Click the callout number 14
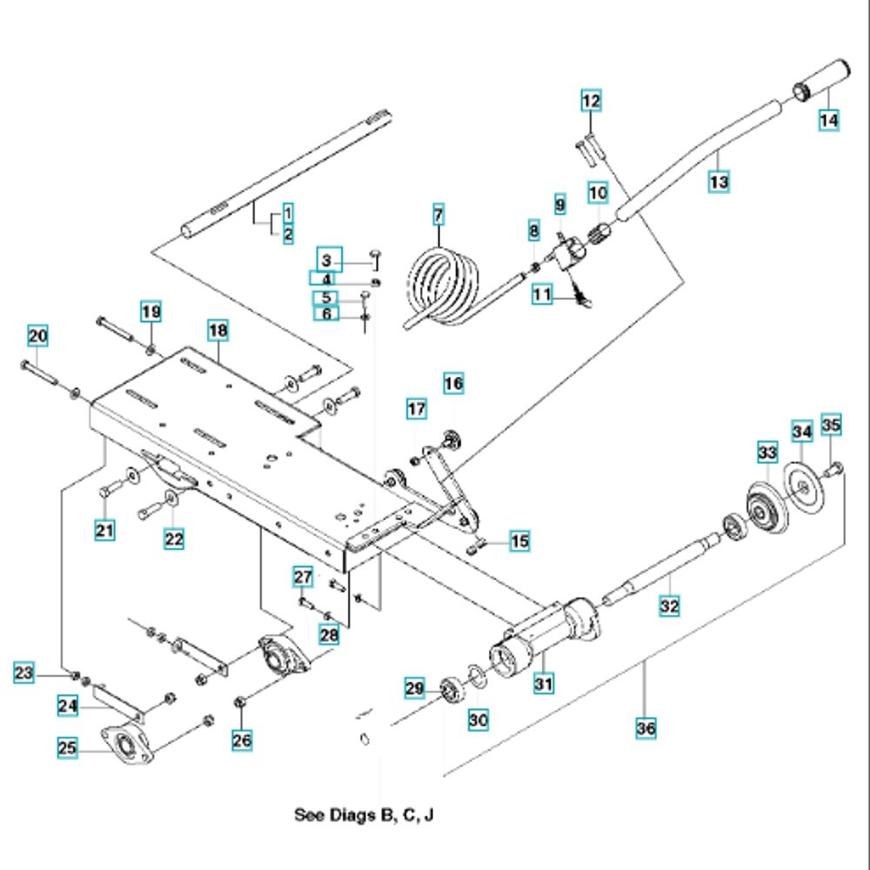(829, 120)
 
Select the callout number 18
(217, 331)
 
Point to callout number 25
(69, 747)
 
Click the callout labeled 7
(438, 213)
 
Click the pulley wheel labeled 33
(766, 506)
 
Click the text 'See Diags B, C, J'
(364, 815)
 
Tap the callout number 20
(37, 337)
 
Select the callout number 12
(591, 103)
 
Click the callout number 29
(416, 690)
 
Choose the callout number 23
(24, 673)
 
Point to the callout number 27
(302, 577)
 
